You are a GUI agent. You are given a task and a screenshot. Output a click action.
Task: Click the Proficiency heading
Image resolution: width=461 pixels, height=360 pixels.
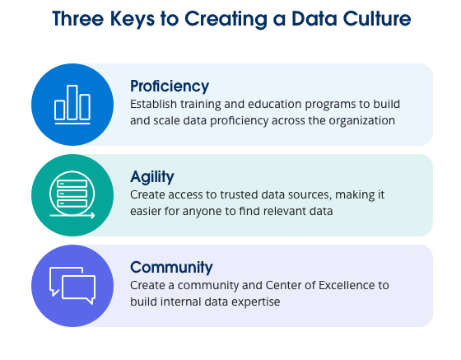[170, 86]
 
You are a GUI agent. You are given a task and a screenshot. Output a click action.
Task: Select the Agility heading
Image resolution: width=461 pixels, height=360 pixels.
[153, 176]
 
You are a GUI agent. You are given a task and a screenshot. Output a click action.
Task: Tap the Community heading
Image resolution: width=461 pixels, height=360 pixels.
[171, 267]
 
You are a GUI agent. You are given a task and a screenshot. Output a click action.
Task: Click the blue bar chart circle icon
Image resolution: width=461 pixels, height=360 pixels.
[72, 104]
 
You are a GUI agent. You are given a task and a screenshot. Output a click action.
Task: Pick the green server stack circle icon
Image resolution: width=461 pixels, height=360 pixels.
[72, 194]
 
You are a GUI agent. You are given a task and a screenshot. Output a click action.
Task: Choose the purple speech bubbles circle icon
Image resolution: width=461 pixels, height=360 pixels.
[72, 285]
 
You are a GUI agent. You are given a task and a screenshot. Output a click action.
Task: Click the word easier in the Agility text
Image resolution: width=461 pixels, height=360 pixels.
[148, 212]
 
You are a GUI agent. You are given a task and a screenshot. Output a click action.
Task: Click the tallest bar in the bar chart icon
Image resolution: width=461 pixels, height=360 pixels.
[72, 101]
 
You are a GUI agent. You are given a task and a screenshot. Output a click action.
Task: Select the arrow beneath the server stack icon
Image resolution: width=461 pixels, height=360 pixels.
[72, 216]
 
